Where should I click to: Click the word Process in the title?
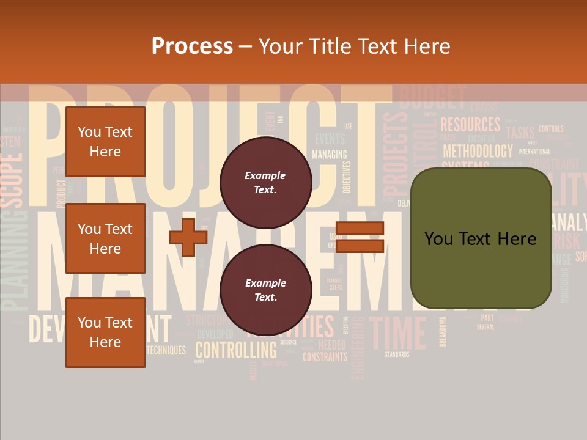[x=192, y=46]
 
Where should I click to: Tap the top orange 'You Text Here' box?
[x=105, y=142]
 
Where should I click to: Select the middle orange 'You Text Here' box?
[x=105, y=238]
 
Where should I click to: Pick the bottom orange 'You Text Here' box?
[x=105, y=332]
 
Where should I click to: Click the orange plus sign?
[x=188, y=237]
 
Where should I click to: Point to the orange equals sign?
[x=360, y=237]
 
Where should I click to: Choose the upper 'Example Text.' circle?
[x=265, y=183]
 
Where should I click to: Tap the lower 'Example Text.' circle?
[x=265, y=290]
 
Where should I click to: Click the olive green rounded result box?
[x=481, y=238]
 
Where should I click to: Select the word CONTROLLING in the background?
[x=236, y=351]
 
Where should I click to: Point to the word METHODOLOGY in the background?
[x=478, y=151]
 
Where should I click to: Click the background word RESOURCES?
[x=470, y=125]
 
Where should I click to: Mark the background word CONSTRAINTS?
[x=325, y=357]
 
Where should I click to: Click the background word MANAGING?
[x=329, y=154]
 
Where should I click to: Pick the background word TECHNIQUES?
[x=166, y=350]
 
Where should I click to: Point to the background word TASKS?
[x=520, y=133]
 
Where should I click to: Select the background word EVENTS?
[x=330, y=139]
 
